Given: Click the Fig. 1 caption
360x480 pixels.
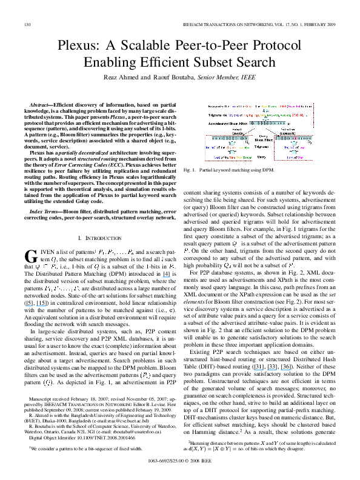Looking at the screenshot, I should pyautogui.click(x=220, y=171).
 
